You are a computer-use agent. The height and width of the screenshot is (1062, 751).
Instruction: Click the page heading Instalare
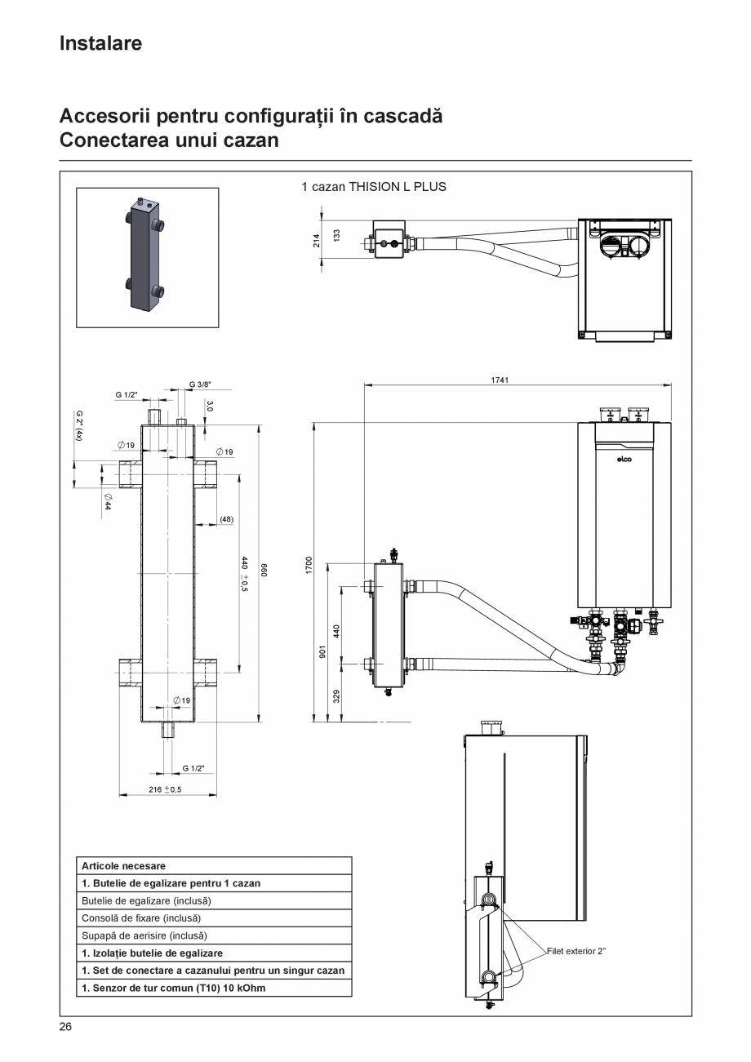[100, 43]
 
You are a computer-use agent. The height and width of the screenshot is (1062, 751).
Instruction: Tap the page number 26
[65, 1027]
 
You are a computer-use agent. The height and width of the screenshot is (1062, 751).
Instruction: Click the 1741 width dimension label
[500, 380]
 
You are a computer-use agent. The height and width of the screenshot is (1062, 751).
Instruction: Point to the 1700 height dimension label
[309, 564]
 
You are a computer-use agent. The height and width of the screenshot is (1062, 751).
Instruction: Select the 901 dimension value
[322, 651]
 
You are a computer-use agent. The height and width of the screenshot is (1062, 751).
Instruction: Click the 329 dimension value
[336, 695]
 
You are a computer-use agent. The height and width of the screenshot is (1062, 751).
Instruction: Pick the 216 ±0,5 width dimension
[165, 789]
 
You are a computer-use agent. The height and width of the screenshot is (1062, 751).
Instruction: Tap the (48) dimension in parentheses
[226, 519]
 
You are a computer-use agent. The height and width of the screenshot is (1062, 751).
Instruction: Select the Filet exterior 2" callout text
[576, 951]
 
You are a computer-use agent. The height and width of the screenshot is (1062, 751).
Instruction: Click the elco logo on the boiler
[624, 459]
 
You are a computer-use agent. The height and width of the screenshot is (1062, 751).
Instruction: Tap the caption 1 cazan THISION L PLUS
[374, 187]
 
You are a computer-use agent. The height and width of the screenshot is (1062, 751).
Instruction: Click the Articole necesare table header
[123, 866]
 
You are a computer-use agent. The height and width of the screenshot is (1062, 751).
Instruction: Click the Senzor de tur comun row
[174, 988]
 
